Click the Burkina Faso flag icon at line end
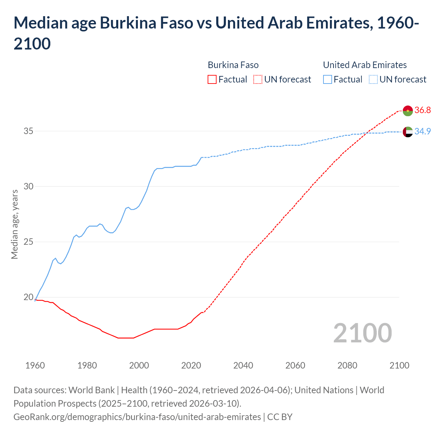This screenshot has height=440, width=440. (408, 111)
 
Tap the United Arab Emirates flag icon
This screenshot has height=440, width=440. (408, 132)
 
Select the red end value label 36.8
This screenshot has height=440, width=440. (422, 110)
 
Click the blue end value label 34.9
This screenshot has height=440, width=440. (422, 132)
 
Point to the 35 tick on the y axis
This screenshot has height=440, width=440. (29, 131)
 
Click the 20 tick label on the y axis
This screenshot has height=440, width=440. (29, 297)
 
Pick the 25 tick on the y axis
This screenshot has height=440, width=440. (29, 242)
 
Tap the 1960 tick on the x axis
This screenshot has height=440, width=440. (35, 365)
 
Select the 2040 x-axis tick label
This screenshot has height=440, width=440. (243, 365)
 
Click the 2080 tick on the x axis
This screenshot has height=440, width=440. (347, 365)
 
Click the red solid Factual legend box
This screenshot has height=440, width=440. (212, 80)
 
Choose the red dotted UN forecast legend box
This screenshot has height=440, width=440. (258, 80)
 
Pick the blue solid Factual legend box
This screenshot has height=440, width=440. (328, 80)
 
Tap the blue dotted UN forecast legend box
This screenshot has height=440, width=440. (373, 80)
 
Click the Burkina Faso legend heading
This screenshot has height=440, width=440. (233, 65)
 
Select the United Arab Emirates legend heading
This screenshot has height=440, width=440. (365, 65)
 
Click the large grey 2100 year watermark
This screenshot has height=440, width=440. (362, 333)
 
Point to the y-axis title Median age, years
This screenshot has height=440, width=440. (14, 224)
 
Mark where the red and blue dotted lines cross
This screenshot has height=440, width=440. (367, 133)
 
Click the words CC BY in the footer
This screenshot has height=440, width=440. (280, 417)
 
